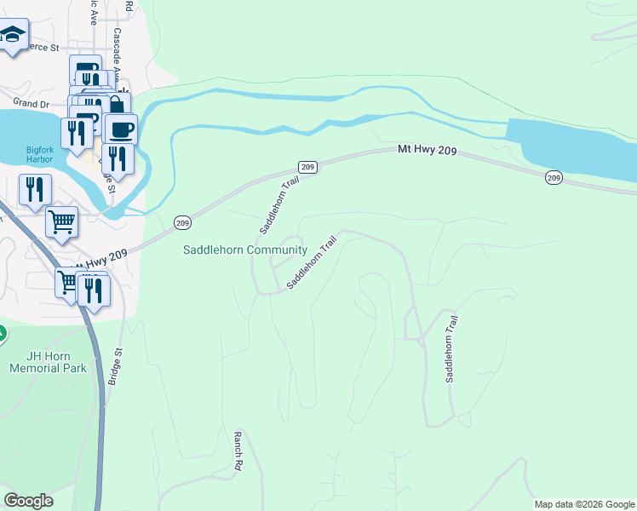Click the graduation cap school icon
coord(12,37)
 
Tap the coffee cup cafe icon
coord(121,129)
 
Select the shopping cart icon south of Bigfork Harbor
coord(61,223)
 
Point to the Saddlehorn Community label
coord(245,250)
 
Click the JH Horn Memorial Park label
coord(49,362)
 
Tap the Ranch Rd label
coord(238,451)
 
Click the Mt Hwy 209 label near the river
coord(428,151)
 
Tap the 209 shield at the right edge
coord(554,177)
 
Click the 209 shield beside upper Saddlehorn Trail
coord(308,167)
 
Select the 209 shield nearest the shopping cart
coord(182,222)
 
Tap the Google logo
coord(28,501)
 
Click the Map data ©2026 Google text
coord(583,504)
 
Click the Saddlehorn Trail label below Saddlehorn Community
coord(312,262)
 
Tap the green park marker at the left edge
coord(2,334)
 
